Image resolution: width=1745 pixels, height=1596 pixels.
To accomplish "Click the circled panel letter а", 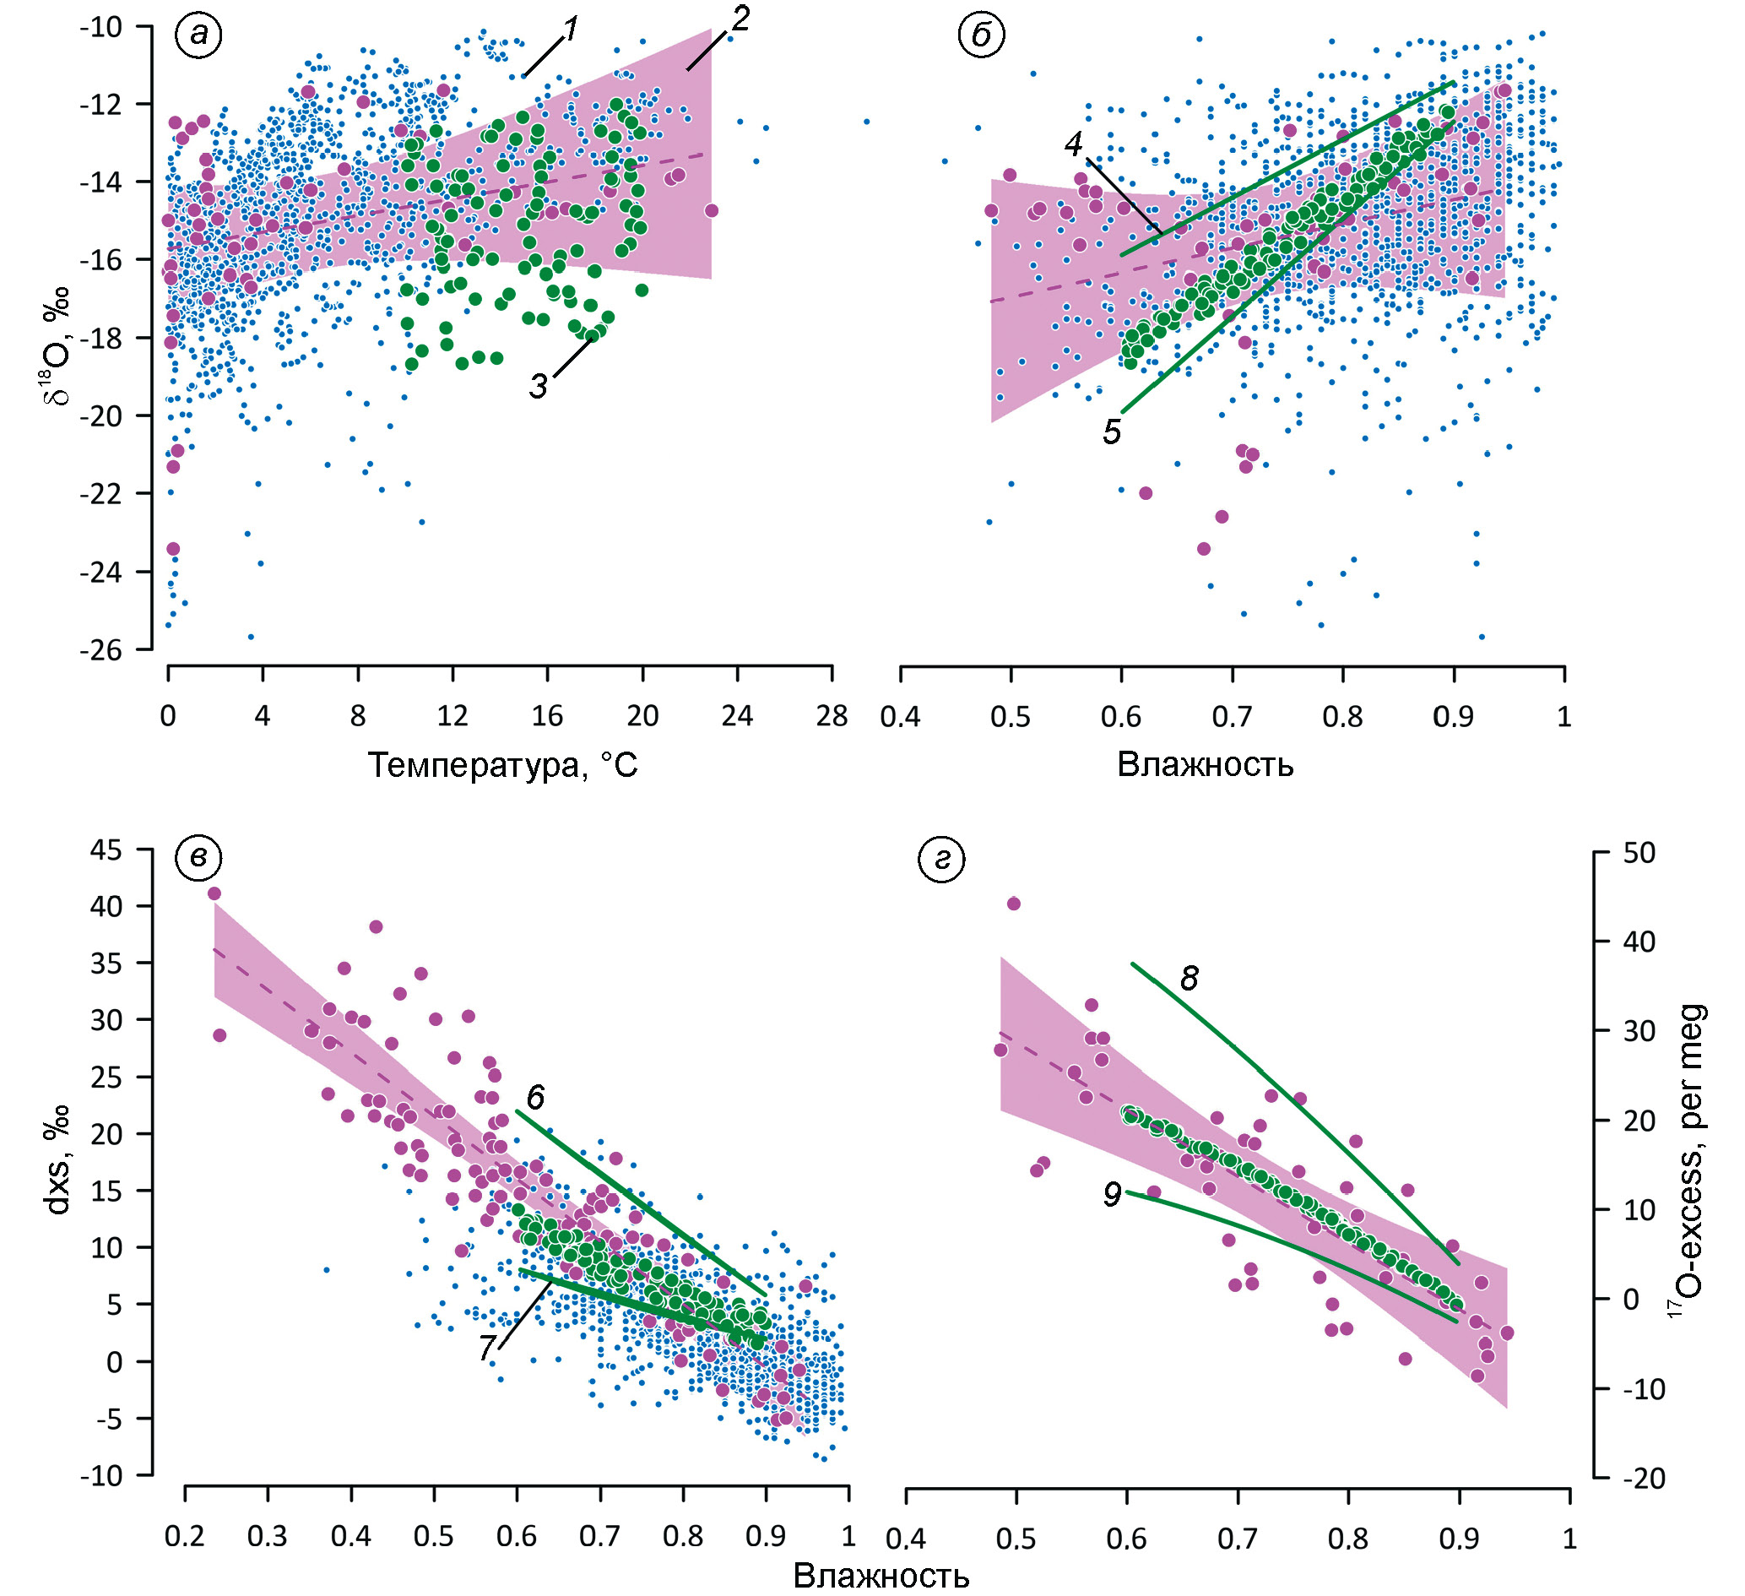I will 198,35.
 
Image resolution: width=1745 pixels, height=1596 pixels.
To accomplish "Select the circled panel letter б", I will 982,35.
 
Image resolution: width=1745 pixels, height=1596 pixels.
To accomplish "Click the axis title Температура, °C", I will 502,766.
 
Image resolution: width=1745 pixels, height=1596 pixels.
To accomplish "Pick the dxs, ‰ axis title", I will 59,1164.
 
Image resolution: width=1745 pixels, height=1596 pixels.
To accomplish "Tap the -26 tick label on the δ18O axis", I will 100,650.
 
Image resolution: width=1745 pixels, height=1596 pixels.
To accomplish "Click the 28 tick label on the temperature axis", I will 832,716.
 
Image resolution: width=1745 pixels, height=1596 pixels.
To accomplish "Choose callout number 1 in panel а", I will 570,31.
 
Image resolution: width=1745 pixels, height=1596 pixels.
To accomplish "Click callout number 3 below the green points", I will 539,386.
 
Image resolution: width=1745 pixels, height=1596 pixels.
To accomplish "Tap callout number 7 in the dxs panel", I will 487,1348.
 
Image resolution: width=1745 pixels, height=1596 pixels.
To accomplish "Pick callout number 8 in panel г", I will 1190,979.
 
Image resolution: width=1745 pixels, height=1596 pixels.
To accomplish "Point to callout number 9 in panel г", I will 1113,1195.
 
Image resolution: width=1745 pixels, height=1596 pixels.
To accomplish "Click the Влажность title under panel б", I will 1205,766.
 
